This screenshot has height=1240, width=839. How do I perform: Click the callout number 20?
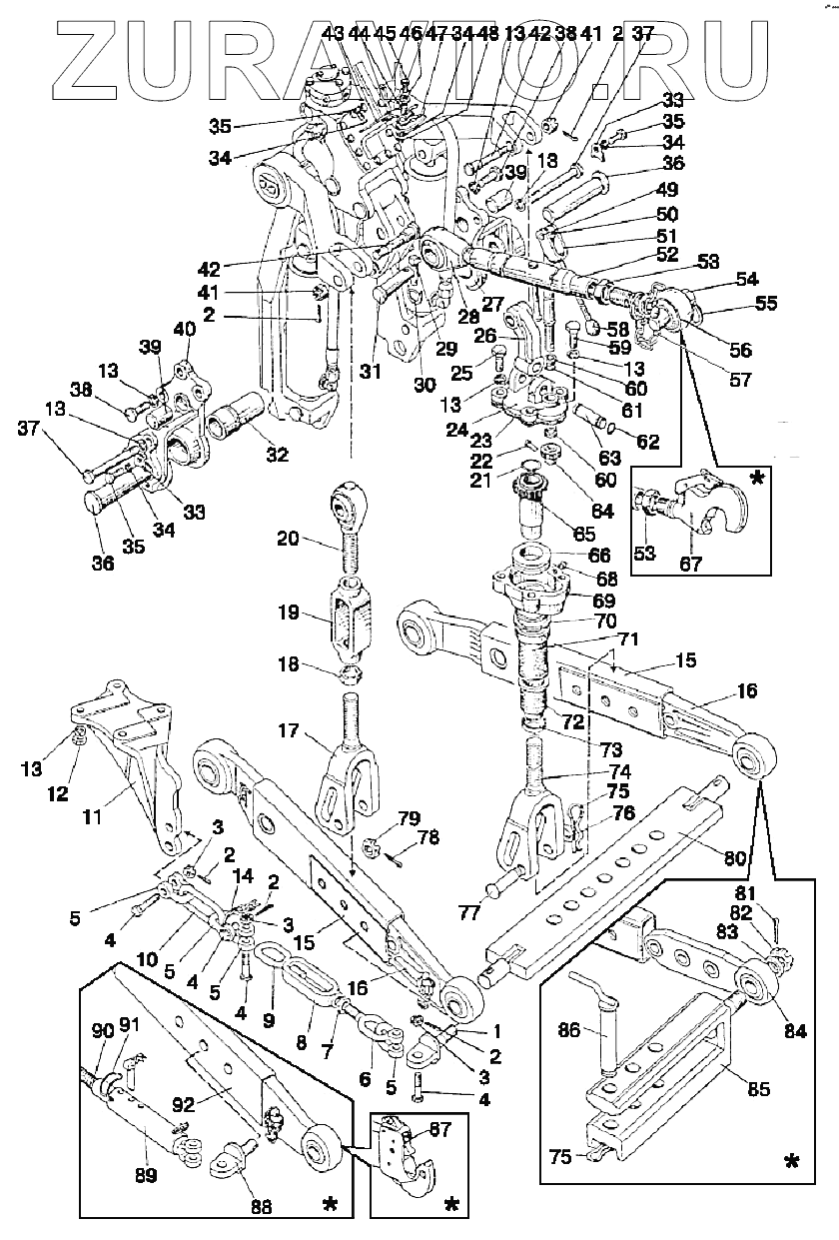[288, 539]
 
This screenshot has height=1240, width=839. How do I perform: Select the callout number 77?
[470, 911]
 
